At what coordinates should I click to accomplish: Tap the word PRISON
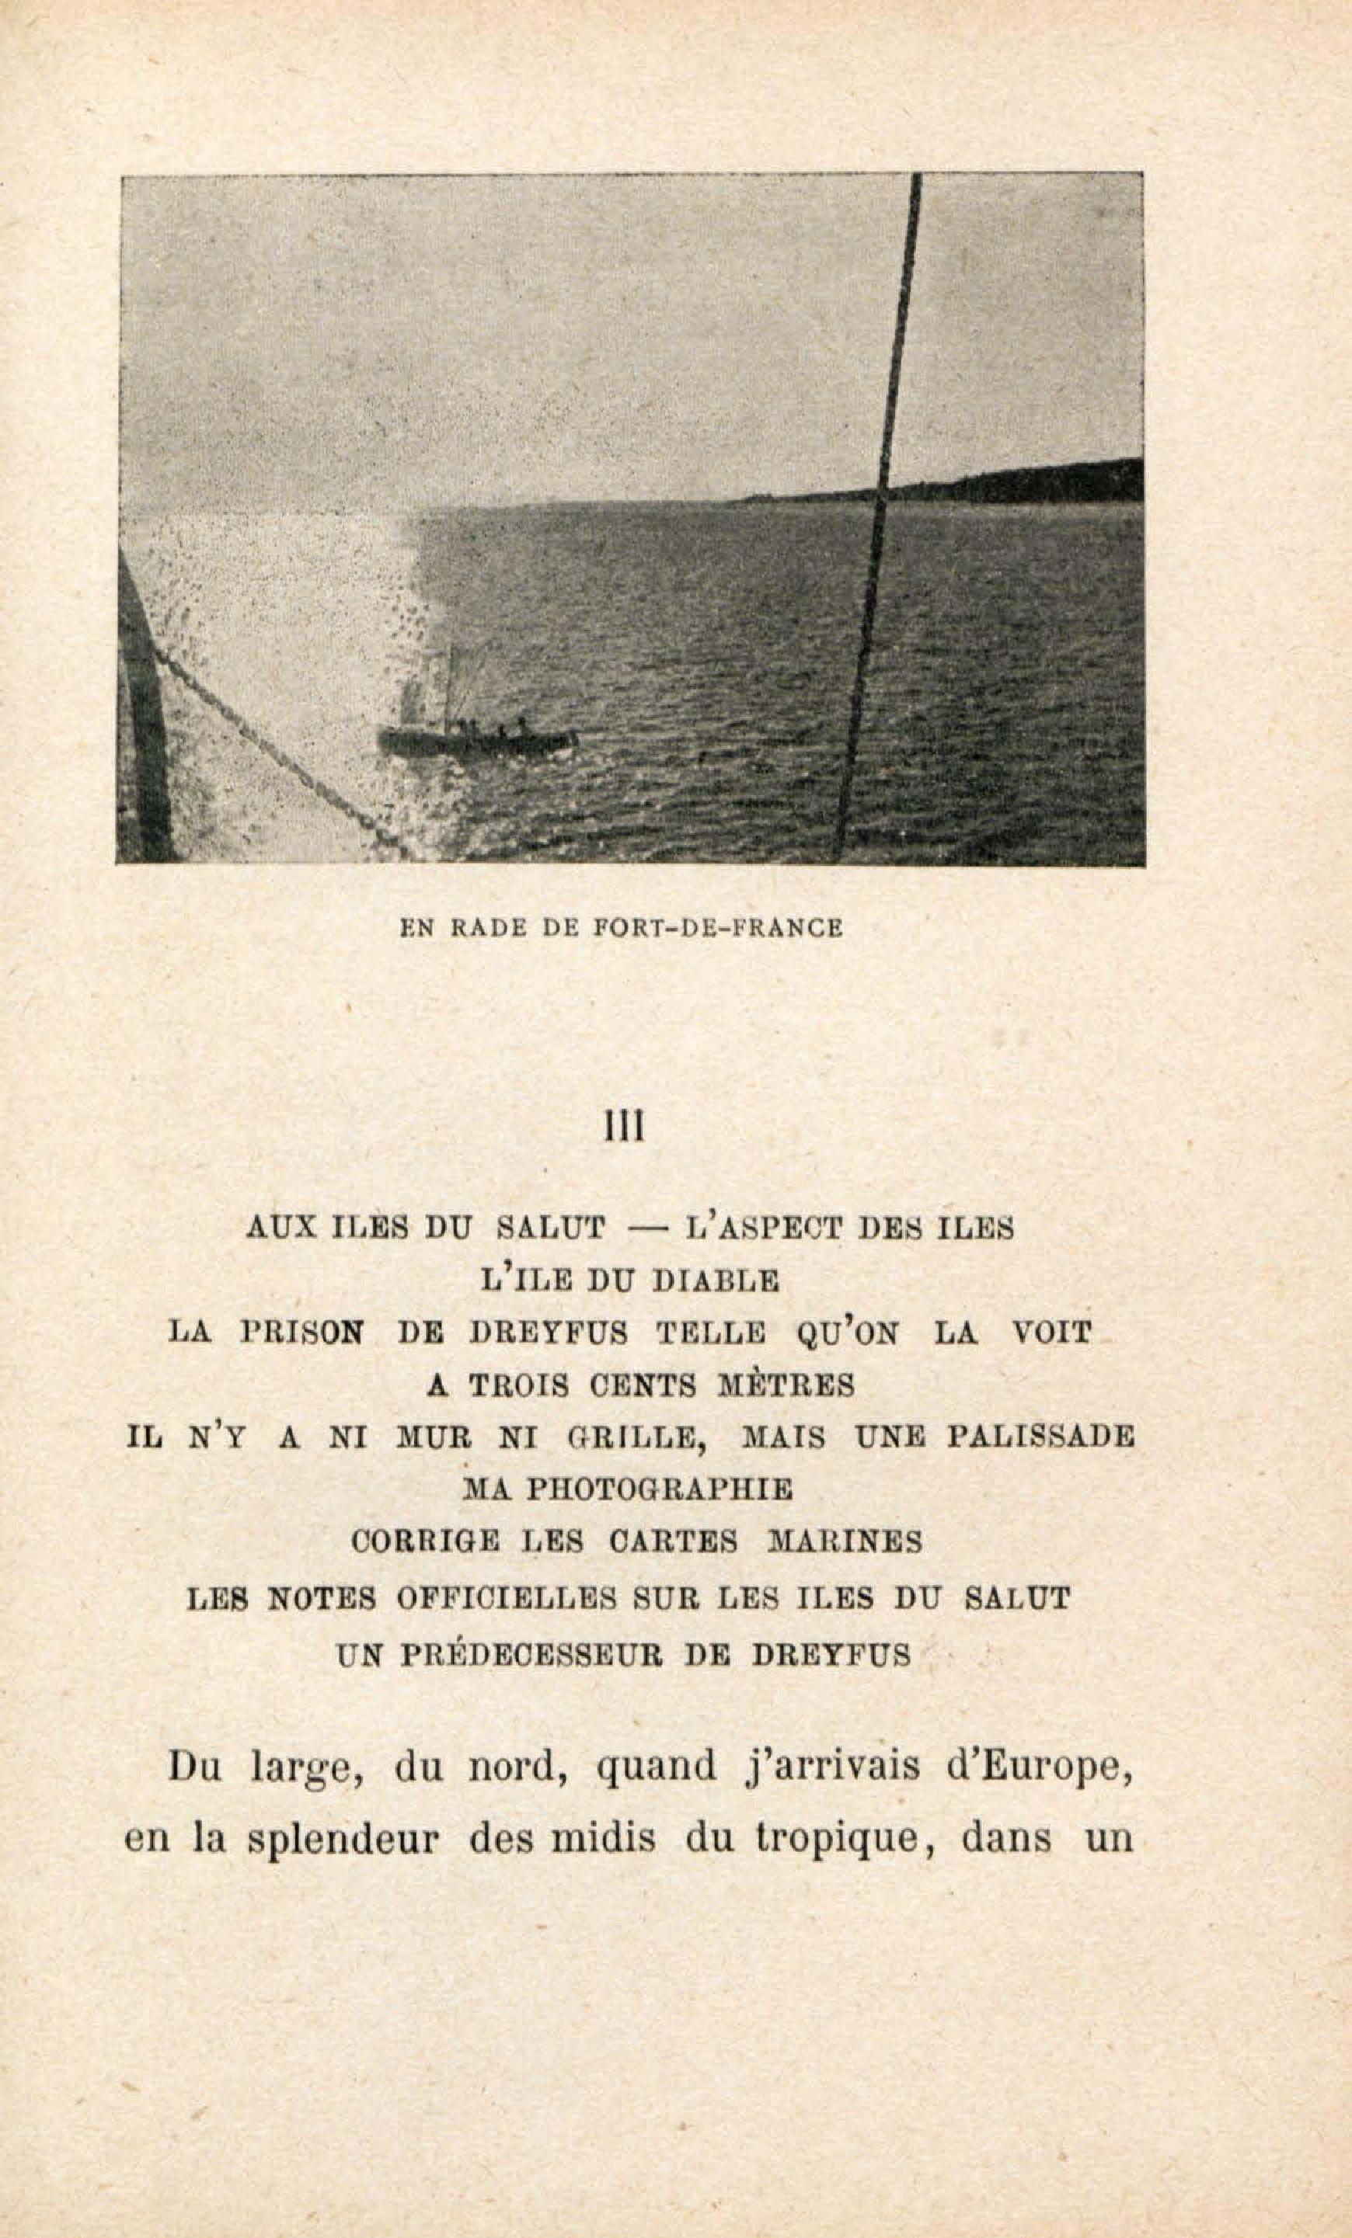[x=302, y=1333]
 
